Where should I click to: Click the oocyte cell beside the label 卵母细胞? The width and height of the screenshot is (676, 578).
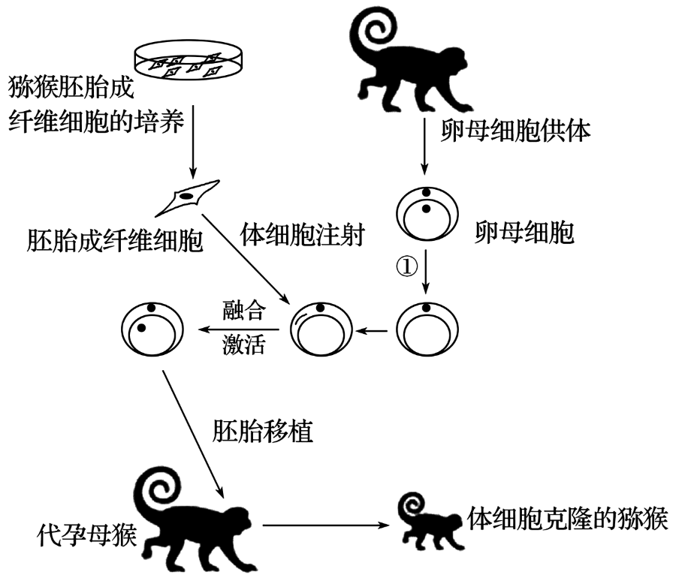pyautogui.click(x=425, y=214)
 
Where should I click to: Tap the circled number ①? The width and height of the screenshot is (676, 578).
pyautogui.click(x=406, y=267)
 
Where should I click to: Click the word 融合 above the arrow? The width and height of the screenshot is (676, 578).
pyautogui.click(x=243, y=309)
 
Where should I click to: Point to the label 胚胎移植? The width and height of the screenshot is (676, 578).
pyautogui.click(x=262, y=433)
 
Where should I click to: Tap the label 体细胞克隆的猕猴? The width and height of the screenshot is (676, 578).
pyautogui.click(x=567, y=518)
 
